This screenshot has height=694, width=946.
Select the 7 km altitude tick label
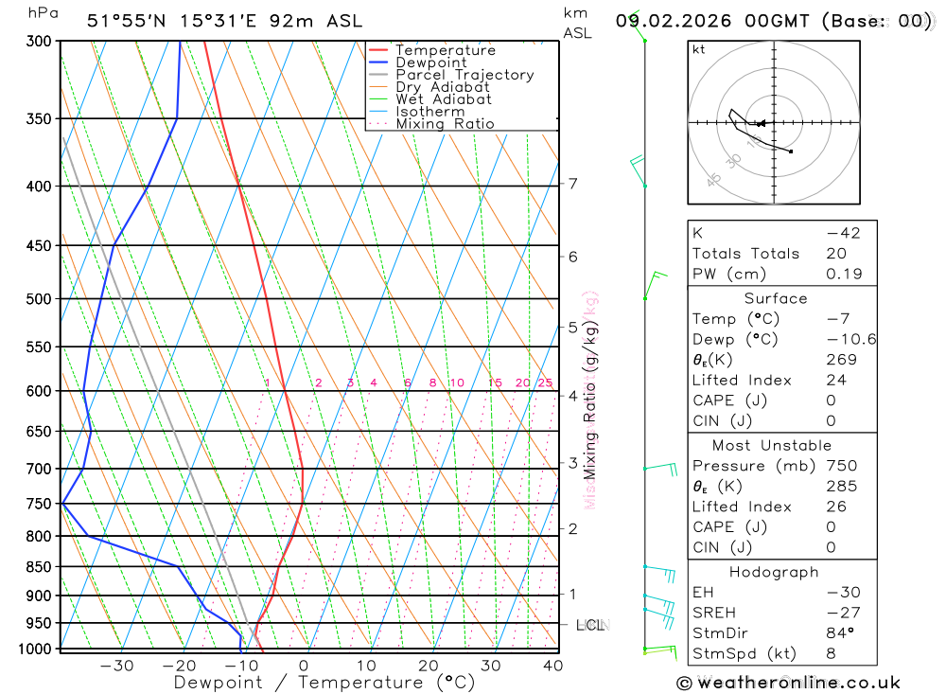572,184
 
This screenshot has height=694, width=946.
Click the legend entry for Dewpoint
430,62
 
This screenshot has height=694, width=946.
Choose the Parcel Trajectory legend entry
464,75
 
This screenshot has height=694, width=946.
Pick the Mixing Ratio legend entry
445,124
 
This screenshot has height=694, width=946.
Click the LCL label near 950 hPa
590,625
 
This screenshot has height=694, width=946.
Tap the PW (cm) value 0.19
844,274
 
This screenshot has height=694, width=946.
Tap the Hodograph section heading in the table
775,572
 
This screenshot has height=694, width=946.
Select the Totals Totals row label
745,254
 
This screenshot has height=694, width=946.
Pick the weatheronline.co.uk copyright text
789,683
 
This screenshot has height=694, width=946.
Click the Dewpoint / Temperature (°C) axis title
324,682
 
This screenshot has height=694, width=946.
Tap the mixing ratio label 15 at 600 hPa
495,383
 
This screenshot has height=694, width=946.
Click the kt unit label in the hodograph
698,49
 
